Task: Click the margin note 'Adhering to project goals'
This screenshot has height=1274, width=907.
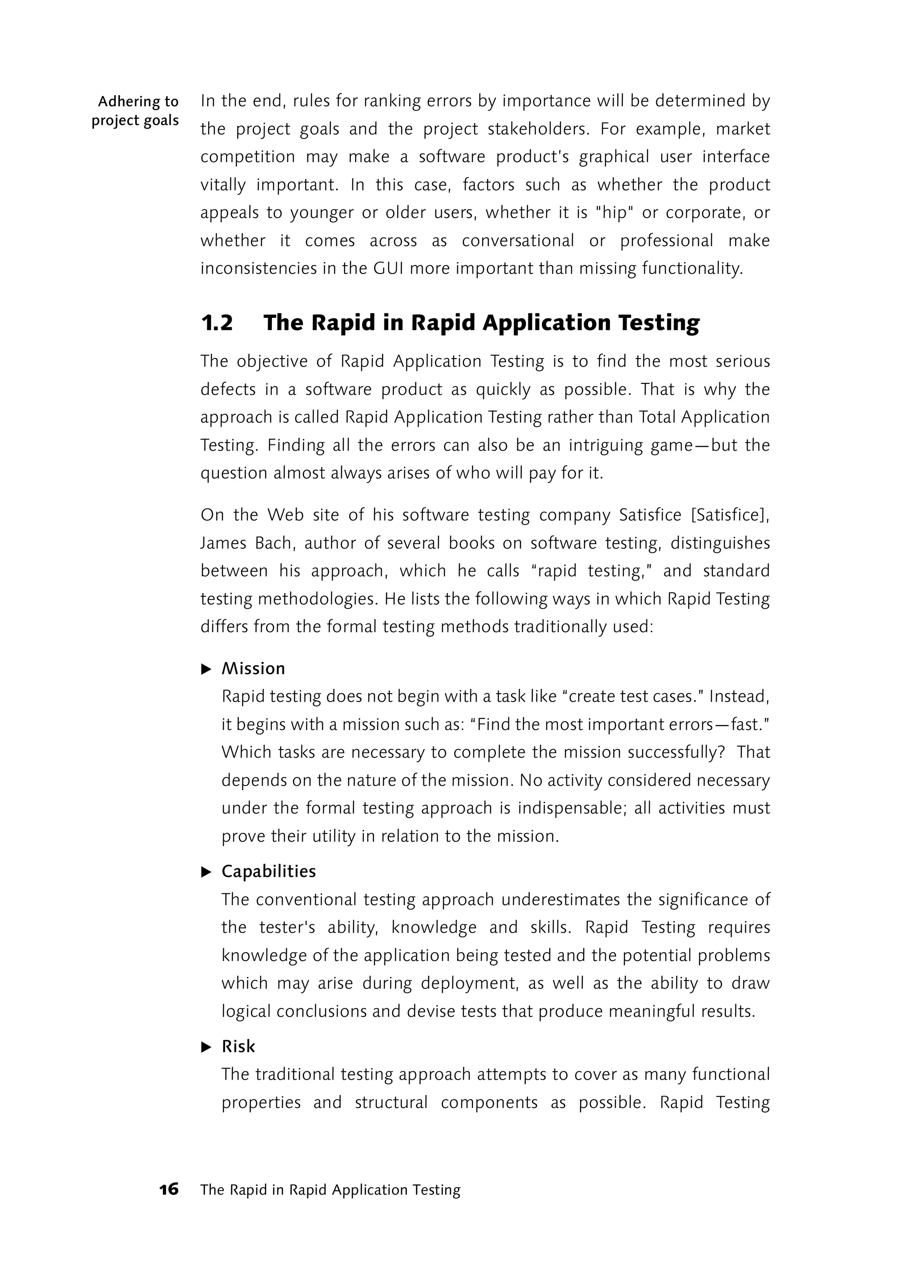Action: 135,111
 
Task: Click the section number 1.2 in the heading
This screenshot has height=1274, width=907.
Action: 217,323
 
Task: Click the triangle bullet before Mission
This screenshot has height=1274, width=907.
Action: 206,669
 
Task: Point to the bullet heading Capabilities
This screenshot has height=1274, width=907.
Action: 269,872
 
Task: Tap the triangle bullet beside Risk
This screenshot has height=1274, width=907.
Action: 206,1047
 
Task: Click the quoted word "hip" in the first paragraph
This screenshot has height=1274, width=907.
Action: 614,213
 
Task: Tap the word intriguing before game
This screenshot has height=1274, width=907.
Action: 607,445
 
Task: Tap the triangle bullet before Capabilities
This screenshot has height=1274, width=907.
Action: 206,872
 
